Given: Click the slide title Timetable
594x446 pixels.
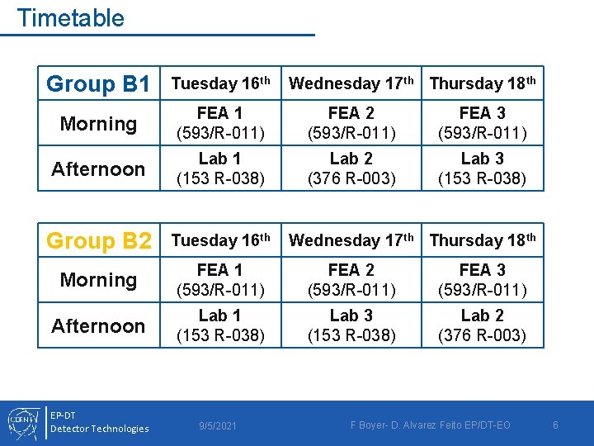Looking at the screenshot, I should pyautogui.click(x=70, y=18).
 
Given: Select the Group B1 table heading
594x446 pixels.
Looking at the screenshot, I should pyautogui.click(x=98, y=84).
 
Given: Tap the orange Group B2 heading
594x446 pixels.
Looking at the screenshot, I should pyautogui.click(x=98, y=241).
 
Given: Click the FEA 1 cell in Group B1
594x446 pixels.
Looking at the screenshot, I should pyautogui.click(x=219, y=122).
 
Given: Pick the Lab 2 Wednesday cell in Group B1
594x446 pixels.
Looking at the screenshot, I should pyautogui.click(x=351, y=168).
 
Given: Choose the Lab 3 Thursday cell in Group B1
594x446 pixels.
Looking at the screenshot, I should pyautogui.click(x=482, y=168).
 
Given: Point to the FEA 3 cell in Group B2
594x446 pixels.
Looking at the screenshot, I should pyautogui.click(x=482, y=279).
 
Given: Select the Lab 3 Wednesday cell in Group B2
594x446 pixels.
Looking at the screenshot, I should pyautogui.click(x=351, y=325).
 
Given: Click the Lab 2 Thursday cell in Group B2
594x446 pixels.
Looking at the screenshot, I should pyautogui.click(x=482, y=325).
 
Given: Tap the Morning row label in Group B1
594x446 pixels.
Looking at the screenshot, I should pyautogui.click(x=98, y=124).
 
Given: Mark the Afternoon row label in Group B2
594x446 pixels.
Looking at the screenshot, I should pyautogui.click(x=98, y=326).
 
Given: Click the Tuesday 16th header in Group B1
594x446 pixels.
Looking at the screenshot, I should pyautogui.click(x=219, y=83).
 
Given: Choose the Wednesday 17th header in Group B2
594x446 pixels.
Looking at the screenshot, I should pyautogui.click(x=351, y=240).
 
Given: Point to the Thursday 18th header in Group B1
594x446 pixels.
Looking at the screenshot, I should pyautogui.click(x=482, y=83).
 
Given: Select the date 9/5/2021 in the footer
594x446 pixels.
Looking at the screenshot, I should pyautogui.click(x=218, y=425).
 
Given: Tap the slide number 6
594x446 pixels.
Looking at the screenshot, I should pyautogui.click(x=555, y=425).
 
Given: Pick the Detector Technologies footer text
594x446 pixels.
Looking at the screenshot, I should pyautogui.click(x=100, y=429).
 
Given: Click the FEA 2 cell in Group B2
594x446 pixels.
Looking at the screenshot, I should pyautogui.click(x=351, y=279).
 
